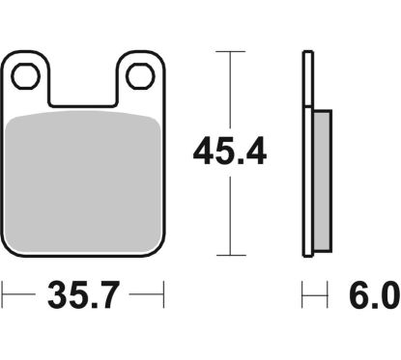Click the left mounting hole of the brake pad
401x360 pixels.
26,76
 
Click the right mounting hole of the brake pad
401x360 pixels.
140,76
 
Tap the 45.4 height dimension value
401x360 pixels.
230,152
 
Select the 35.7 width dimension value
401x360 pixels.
83,294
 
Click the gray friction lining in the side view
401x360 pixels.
322,181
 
